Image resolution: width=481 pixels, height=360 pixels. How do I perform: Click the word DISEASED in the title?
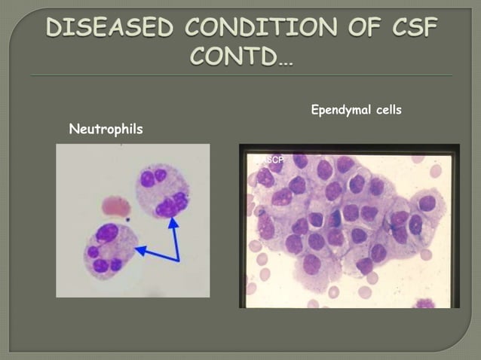[x=110, y=28]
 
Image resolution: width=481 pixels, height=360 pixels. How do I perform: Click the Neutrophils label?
[x=106, y=130]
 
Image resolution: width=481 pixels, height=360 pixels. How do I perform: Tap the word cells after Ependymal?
[x=386, y=110]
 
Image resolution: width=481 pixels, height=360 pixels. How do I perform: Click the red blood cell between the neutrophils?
[x=115, y=206]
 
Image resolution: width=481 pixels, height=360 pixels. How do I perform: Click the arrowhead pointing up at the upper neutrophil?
[x=173, y=224]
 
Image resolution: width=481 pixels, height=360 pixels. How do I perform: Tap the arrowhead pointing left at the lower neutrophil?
[x=139, y=248]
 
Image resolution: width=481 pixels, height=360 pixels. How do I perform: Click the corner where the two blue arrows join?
[x=178, y=261]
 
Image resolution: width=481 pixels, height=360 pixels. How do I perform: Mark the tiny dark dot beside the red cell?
[x=128, y=220]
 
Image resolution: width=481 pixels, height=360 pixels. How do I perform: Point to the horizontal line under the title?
[x=240, y=75]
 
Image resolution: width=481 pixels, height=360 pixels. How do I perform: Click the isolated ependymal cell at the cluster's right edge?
[x=427, y=204]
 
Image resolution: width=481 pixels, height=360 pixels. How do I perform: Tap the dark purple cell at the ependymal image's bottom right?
[x=426, y=304]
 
